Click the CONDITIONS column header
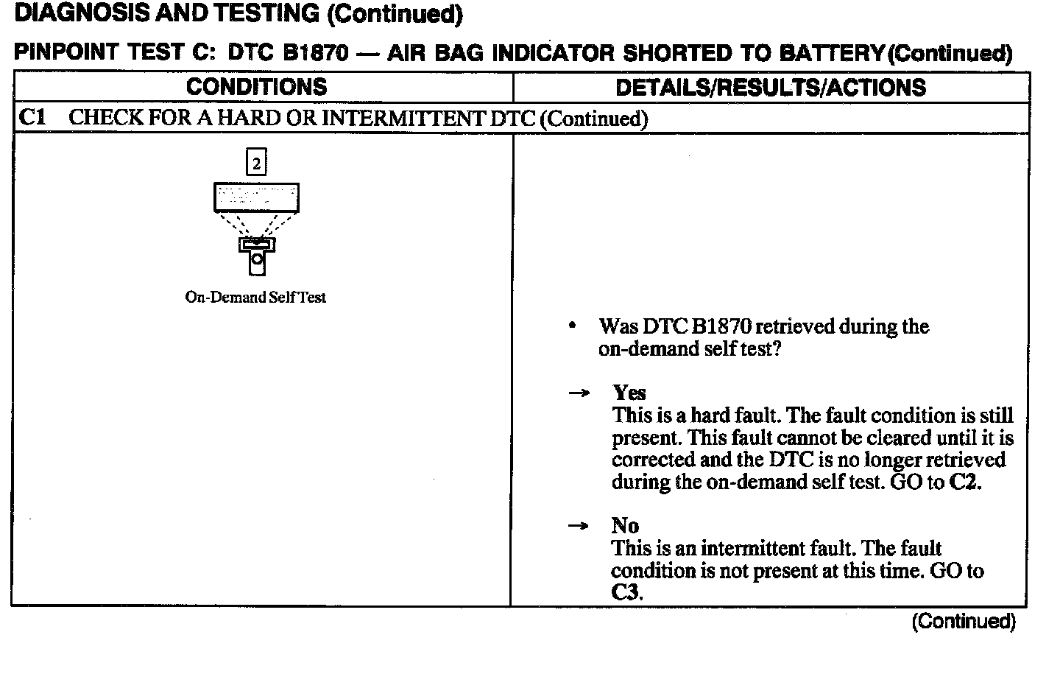click(x=256, y=87)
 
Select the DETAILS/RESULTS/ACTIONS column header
click(x=770, y=88)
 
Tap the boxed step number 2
click(x=256, y=163)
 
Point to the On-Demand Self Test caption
click(x=255, y=298)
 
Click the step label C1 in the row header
click(x=32, y=118)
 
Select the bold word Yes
click(x=629, y=393)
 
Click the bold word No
click(x=625, y=525)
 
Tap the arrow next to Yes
click(x=579, y=393)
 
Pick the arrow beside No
click(x=579, y=526)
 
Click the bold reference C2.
click(x=965, y=482)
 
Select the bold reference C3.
click(x=626, y=592)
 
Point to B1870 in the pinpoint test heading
click(x=314, y=53)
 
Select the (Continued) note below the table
click(x=964, y=622)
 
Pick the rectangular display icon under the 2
click(x=256, y=197)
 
